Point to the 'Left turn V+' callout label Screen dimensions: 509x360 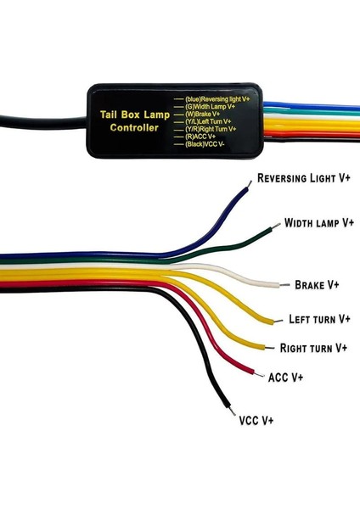pyautogui.click(x=319, y=320)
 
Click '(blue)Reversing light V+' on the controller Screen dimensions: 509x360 pyautogui.click(x=219, y=99)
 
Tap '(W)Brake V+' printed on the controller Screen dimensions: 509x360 pyautogui.click(x=204, y=114)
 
